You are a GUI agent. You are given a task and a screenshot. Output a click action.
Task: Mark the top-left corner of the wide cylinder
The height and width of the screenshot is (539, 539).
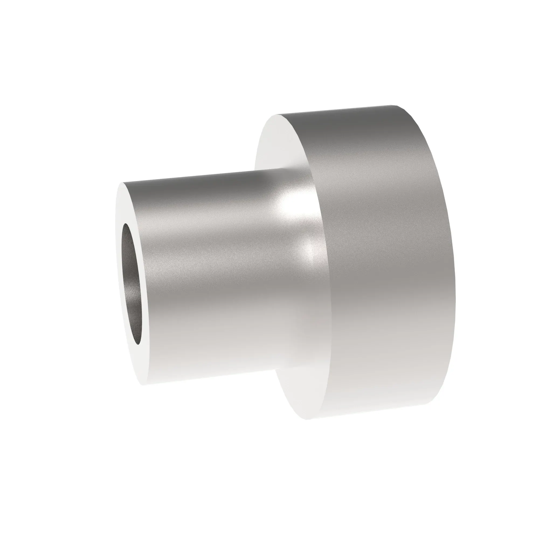click(277, 114)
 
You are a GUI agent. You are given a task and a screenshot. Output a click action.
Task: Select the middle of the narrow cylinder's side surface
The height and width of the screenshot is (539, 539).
click(212, 279)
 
